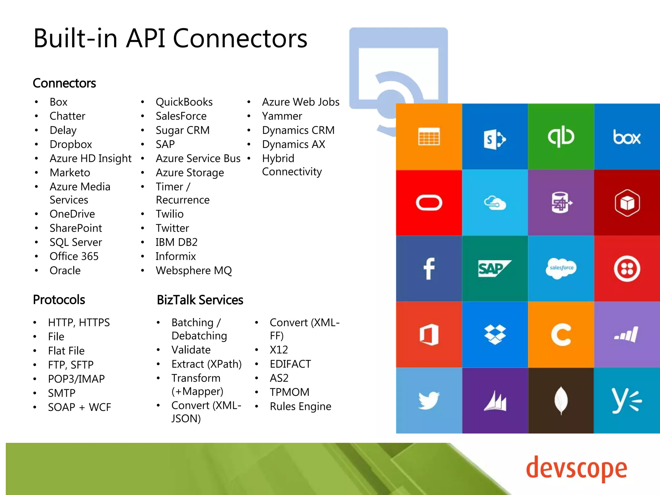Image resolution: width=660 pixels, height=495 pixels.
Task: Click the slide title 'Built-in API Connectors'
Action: tap(170, 38)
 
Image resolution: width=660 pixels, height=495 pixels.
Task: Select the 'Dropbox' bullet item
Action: tap(71, 144)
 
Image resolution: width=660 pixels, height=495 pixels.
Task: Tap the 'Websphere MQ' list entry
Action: tap(193, 270)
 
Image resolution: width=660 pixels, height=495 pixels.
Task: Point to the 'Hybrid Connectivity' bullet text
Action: tap(291, 165)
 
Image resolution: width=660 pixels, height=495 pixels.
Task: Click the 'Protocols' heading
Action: tap(59, 300)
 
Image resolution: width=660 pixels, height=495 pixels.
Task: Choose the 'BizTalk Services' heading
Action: tap(200, 300)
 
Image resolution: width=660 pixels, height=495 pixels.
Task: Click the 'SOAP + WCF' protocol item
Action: tap(79, 407)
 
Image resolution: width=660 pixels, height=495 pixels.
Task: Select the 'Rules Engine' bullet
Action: tap(300, 406)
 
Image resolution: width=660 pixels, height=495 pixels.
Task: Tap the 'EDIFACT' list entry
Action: tap(290, 364)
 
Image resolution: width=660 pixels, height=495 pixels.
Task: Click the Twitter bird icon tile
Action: tap(429, 401)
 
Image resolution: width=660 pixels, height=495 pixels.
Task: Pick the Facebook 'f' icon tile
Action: tap(429, 268)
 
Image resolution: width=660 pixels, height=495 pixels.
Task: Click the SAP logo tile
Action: tap(494, 268)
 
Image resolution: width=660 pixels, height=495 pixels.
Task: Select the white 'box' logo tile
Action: tap(626, 137)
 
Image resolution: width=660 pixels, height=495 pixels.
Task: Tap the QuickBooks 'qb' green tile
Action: tap(561, 137)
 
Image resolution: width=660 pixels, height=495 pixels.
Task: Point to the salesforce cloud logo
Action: tap(561, 268)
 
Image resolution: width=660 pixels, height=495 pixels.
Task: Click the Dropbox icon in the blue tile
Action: tap(495, 335)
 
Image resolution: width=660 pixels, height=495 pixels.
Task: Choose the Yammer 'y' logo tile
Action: tap(626, 401)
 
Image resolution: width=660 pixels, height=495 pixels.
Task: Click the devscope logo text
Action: tap(576, 469)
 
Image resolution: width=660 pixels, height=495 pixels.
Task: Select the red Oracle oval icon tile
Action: tap(429, 203)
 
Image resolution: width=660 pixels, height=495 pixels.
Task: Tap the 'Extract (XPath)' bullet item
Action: tap(206, 364)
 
